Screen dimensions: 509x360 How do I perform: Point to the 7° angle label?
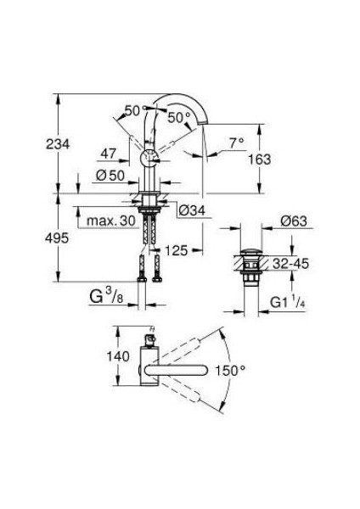click(x=235, y=144)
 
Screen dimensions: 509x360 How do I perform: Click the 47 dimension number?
click(x=108, y=153)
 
